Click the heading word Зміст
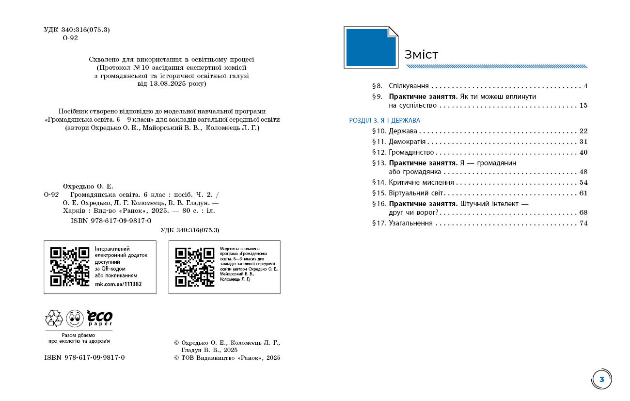[421, 54]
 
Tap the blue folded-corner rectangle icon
[371, 47]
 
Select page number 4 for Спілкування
[585, 86]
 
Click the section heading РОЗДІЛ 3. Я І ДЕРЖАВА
[385, 120]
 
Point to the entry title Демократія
[407, 142]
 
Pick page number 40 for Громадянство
[583, 152]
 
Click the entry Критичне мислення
[421, 183]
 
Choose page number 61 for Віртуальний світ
[583, 193]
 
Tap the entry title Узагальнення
[410, 224]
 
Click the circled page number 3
[601, 379]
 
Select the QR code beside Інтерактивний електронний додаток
[70, 267]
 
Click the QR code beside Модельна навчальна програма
[194, 267]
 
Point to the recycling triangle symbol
[54, 318]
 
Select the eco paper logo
[99, 318]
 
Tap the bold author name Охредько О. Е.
[88, 186]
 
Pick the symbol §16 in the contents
[378, 204]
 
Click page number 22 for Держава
[583, 131]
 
